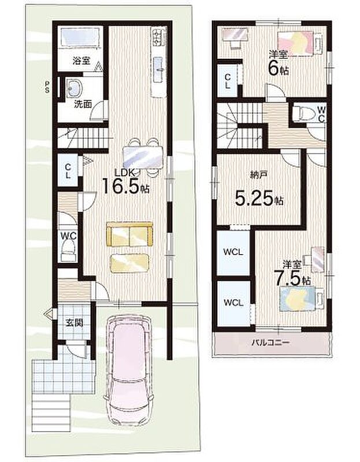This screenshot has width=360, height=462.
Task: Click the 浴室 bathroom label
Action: coord(81,61)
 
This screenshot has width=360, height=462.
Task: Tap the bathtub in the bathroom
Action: coord(80,38)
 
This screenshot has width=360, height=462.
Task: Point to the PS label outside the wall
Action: coord(47,87)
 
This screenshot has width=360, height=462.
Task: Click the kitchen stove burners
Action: coord(157,37)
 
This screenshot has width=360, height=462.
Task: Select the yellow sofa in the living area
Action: coord(130,234)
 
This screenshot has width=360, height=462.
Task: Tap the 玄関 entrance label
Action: coord(74,323)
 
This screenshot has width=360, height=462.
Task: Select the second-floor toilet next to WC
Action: coord(304,113)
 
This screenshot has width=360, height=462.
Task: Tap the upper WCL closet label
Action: coord(233,252)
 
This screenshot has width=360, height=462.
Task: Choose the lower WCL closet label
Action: coord(233,303)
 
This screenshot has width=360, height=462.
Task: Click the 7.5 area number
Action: coord(288,278)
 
